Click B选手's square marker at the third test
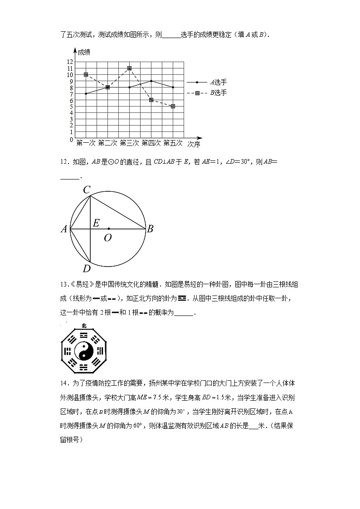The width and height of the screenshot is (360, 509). point(129,68)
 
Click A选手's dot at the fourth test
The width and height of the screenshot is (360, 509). point(151,81)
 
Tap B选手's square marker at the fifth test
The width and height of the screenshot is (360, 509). point(173,106)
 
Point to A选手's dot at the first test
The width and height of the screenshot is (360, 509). point(86,93)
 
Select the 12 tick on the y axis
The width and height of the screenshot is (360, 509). point(70,62)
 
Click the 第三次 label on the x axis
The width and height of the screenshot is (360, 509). point(129,143)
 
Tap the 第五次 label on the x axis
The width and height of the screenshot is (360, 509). point(173,143)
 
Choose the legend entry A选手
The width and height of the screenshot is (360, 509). point(218,82)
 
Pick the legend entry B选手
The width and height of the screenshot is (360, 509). point(218,93)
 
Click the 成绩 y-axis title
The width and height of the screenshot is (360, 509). point(84,52)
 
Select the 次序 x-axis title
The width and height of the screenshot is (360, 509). point(194,144)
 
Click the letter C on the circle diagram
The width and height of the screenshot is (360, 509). point(87,190)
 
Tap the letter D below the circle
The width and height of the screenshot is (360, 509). point(87,269)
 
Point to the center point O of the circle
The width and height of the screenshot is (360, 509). point(109,228)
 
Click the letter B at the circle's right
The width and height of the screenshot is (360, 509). point(150,229)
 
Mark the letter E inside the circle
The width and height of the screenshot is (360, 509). point(96,223)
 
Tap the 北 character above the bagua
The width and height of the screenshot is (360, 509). point(84,325)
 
